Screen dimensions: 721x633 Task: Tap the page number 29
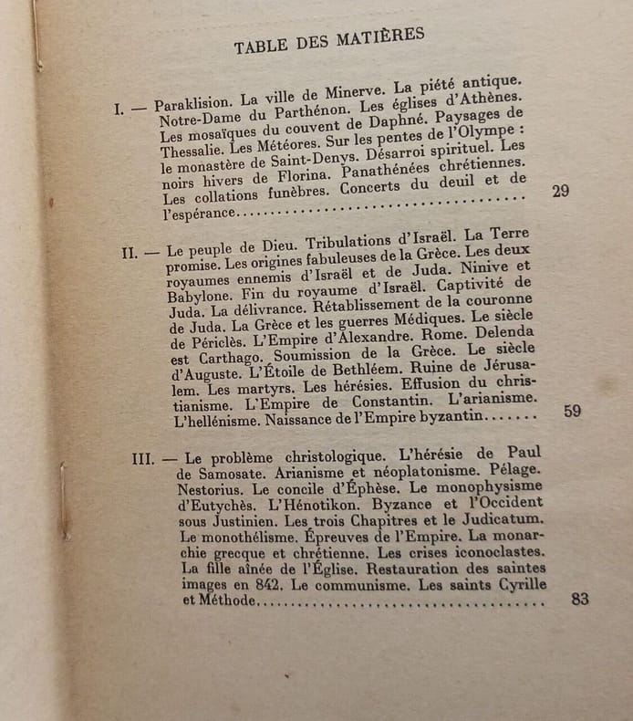(x=561, y=192)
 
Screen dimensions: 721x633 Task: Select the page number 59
(x=572, y=411)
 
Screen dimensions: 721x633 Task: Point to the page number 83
(x=580, y=599)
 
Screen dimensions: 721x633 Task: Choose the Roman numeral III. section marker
(x=142, y=458)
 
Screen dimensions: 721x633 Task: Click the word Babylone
(x=202, y=296)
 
